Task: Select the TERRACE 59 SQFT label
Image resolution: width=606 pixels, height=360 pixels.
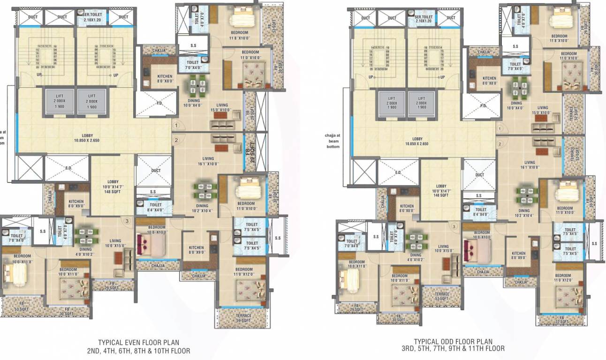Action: point(243,318)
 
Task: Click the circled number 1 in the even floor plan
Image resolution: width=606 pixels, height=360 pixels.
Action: point(176,126)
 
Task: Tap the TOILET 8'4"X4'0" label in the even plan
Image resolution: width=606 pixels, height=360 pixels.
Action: point(155,207)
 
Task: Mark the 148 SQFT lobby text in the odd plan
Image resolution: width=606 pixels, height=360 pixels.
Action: point(441,195)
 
